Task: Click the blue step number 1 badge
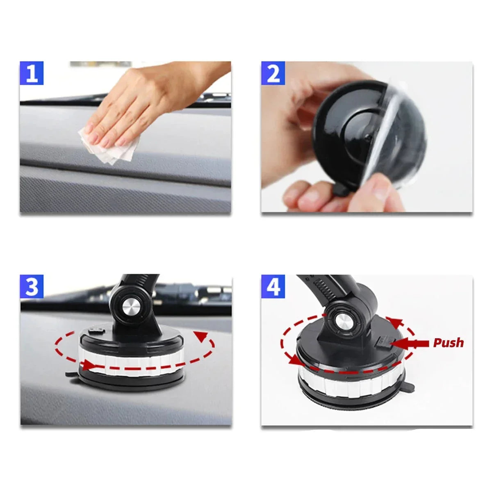point(32,74)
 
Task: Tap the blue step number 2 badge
point(273,74)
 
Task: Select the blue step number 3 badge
point(32,287)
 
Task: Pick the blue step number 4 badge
point(273,287)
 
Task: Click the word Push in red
point(449,343)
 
